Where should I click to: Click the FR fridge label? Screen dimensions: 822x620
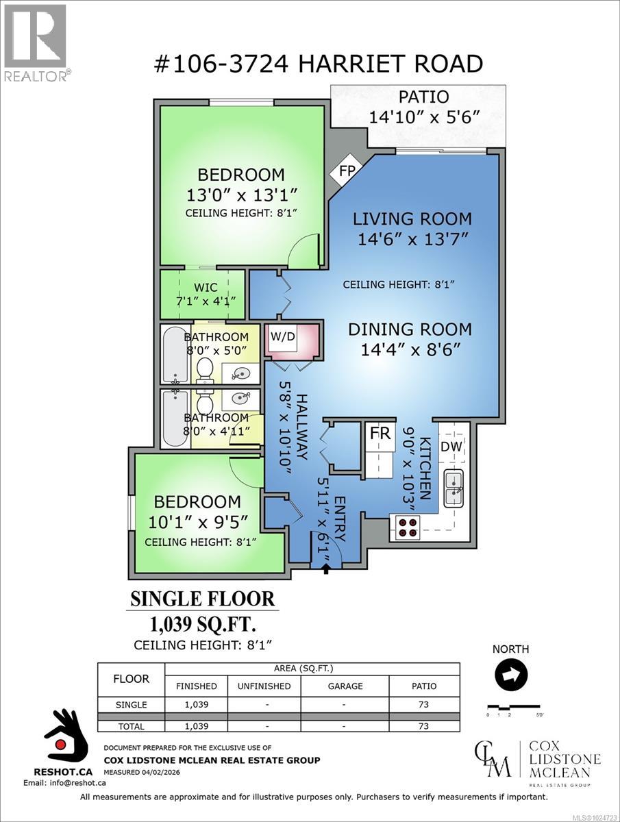[x=380, y=434]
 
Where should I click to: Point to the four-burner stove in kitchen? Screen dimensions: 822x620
[x=408, y=526]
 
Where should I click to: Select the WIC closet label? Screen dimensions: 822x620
[x=202, y=288]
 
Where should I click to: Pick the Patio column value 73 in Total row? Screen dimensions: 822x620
[x=425, y=726]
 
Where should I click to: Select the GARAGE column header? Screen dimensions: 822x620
[x=345, y=686]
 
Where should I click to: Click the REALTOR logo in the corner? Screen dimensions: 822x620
[x=35, y=42]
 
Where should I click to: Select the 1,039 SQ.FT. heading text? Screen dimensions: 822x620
[x=203, y=624]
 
